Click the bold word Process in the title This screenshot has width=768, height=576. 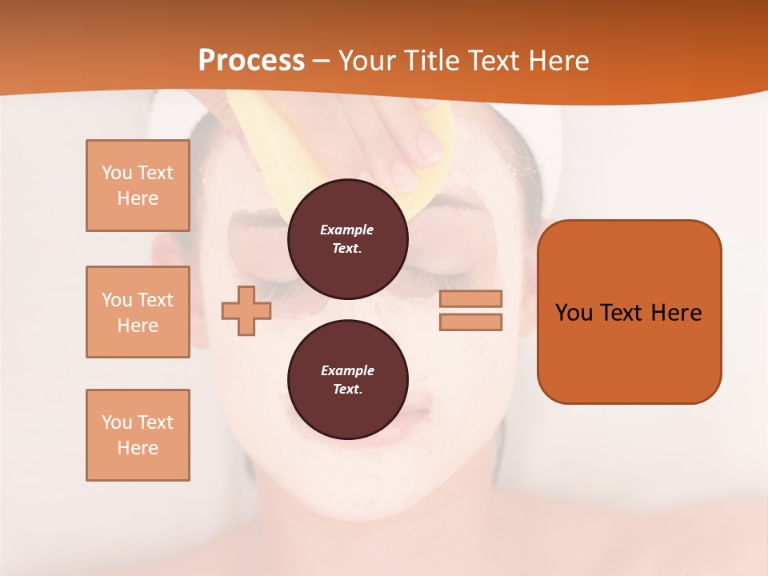tap(251, 60)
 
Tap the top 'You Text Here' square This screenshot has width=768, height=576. tap(138, 186)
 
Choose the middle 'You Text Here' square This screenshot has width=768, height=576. tap(138, 312)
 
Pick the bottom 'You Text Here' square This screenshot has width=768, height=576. tap(138, 435)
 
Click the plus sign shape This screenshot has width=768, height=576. tap(246, 310)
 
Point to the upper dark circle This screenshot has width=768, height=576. tap(347, 238)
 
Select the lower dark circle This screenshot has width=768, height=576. tap(347, 379)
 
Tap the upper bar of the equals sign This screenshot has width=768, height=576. tap(470, 299)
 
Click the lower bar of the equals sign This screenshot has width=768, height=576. tap(470, 322)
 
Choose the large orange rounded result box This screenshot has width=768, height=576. tap(629, 312)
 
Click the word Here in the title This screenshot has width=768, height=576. tap(560, 60)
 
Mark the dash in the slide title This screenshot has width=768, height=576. tap(322, 61)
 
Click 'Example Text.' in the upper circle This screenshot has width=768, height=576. tap(347, 238)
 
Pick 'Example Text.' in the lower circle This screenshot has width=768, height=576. tap(347, 379)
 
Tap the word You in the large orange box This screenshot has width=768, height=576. tap(574, 312)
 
